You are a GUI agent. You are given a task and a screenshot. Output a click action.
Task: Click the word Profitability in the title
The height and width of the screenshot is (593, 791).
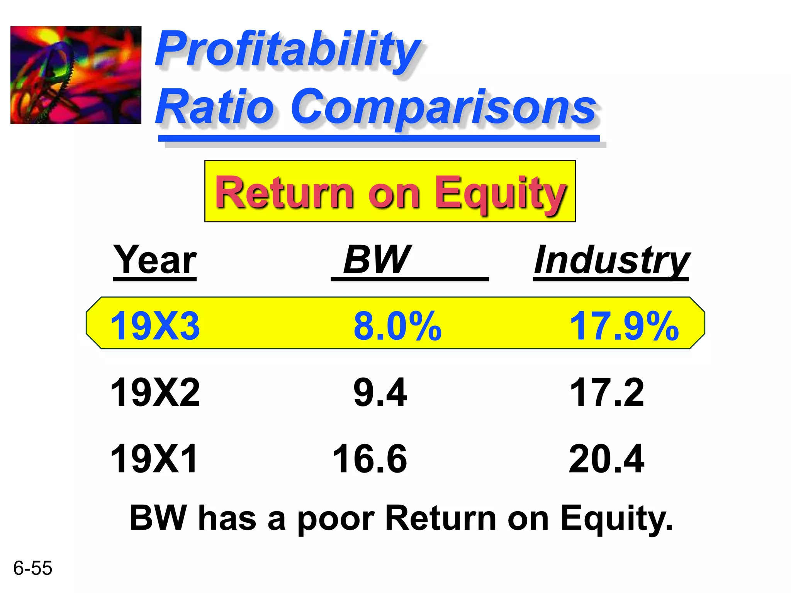point(288,50)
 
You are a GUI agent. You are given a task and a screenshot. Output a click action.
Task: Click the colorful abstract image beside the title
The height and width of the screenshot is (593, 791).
point(76,75)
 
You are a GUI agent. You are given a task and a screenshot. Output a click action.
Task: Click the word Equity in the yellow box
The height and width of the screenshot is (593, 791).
point(500,193)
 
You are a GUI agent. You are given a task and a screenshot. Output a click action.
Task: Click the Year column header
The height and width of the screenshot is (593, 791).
point(155,261)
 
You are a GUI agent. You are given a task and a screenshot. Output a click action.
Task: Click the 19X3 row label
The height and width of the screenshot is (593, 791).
point(155,326)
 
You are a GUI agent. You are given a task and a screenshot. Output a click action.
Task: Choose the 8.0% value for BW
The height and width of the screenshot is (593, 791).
point(397,326)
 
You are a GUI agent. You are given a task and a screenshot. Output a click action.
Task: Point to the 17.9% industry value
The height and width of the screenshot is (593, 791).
point(624,326)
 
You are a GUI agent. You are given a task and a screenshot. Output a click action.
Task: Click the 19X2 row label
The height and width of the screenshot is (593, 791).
point(155,393)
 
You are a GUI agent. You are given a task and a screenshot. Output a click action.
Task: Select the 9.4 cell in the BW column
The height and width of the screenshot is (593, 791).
point(380,393)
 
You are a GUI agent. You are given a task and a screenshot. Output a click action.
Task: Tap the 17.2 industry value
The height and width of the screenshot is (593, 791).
point(606,393)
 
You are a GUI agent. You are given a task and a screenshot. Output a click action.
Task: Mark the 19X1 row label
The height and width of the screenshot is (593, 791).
point(154,459)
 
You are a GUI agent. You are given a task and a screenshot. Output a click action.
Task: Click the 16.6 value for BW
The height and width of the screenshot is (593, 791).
point(370,459)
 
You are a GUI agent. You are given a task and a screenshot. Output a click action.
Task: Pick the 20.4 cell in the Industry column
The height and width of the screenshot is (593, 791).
point(606,459)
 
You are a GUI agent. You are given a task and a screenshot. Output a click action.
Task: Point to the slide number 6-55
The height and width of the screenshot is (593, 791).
point(32,568)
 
